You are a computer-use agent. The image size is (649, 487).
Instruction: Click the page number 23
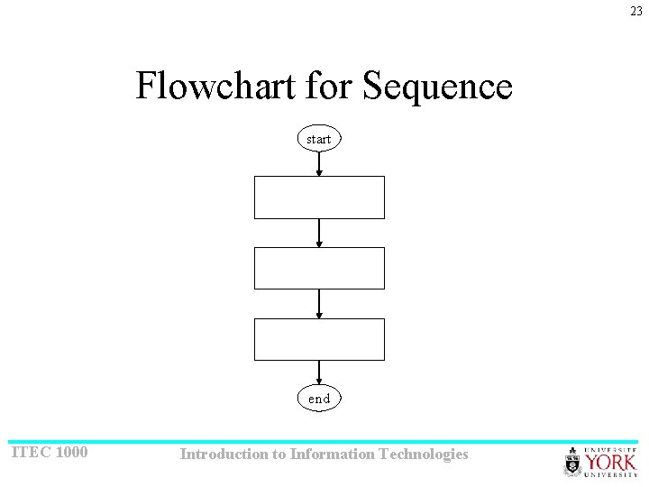pyautogui.click(x=636, y=11)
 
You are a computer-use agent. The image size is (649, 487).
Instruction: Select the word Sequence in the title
pyautogui.click(x=437, y=87)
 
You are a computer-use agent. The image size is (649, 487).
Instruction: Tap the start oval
pyautogui.click(x=319, y=139)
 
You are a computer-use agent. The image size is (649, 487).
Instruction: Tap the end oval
pyautogui.click(x=319, y=399)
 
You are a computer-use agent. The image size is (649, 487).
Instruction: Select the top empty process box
pyautogui.click(x=319, y=198)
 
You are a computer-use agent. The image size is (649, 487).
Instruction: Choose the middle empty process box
pyautogui.click(x=319, y=268)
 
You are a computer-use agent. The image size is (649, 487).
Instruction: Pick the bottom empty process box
pyautogui.click(x=319, y=339)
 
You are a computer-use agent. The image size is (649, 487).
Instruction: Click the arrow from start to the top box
pyautogui.click(x=319, y=164)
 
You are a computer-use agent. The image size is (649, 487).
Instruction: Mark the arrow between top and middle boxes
pyautogui.click(x=319, y=233)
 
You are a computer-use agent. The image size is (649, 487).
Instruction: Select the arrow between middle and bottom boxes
pyautogui.click(x=319, y=304)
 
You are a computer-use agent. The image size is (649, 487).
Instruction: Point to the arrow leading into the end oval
pyautogui.click(x=319, y=373)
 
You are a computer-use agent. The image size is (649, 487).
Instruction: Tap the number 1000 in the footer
pyautogui.click(x=71, y=452)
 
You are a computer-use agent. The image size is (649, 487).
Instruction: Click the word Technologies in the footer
pyautogui.click(x=424, y=455)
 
